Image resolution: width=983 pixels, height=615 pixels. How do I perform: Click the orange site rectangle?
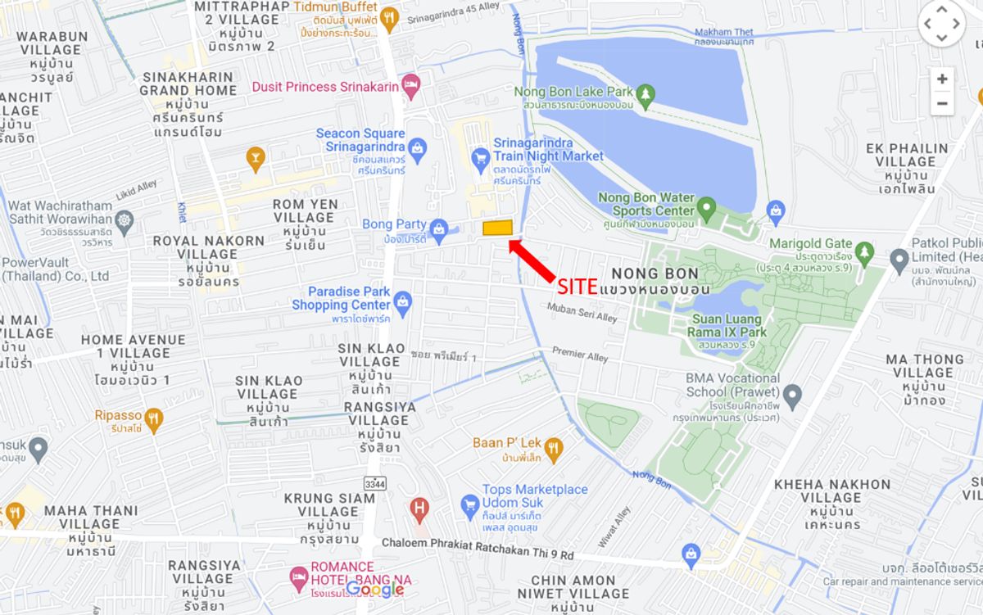(497, 228)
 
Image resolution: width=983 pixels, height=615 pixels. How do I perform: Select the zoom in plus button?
(942, 79)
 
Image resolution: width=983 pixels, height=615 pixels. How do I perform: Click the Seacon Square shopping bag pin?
(418, 147)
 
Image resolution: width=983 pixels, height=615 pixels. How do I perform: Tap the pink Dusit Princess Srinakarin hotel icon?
(411, 86)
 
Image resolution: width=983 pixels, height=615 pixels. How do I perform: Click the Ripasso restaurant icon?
(153, 421)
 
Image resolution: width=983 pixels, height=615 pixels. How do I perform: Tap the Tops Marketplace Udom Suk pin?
(469, 503)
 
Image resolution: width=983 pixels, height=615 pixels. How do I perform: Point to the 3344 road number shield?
(374, 484)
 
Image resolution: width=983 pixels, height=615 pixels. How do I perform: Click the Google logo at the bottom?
(375, 589)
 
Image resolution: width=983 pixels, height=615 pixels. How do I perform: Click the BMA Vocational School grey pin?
(792, 397)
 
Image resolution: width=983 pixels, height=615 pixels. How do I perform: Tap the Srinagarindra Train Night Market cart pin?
(481, 156)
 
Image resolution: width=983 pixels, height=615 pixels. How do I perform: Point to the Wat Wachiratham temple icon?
(125, 221)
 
